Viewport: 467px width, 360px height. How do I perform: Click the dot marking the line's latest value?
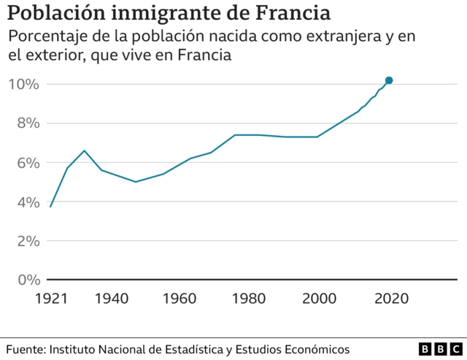pos(389,80)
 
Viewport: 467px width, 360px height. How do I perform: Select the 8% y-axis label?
pos(26,123)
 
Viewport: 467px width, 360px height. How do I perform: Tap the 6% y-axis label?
pos(26,163)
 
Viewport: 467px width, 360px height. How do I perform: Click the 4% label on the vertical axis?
pos(26,202)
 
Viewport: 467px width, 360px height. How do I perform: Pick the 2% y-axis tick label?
pos(26,241)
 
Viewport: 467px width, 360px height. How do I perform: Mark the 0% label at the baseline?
pos(26,280)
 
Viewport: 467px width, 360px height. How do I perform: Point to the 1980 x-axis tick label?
pos(251,299)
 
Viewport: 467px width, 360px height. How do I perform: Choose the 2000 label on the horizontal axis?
pos(320,299)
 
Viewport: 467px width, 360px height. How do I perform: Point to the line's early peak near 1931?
pos(85,150)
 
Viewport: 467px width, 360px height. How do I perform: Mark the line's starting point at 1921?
pos(50,207)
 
